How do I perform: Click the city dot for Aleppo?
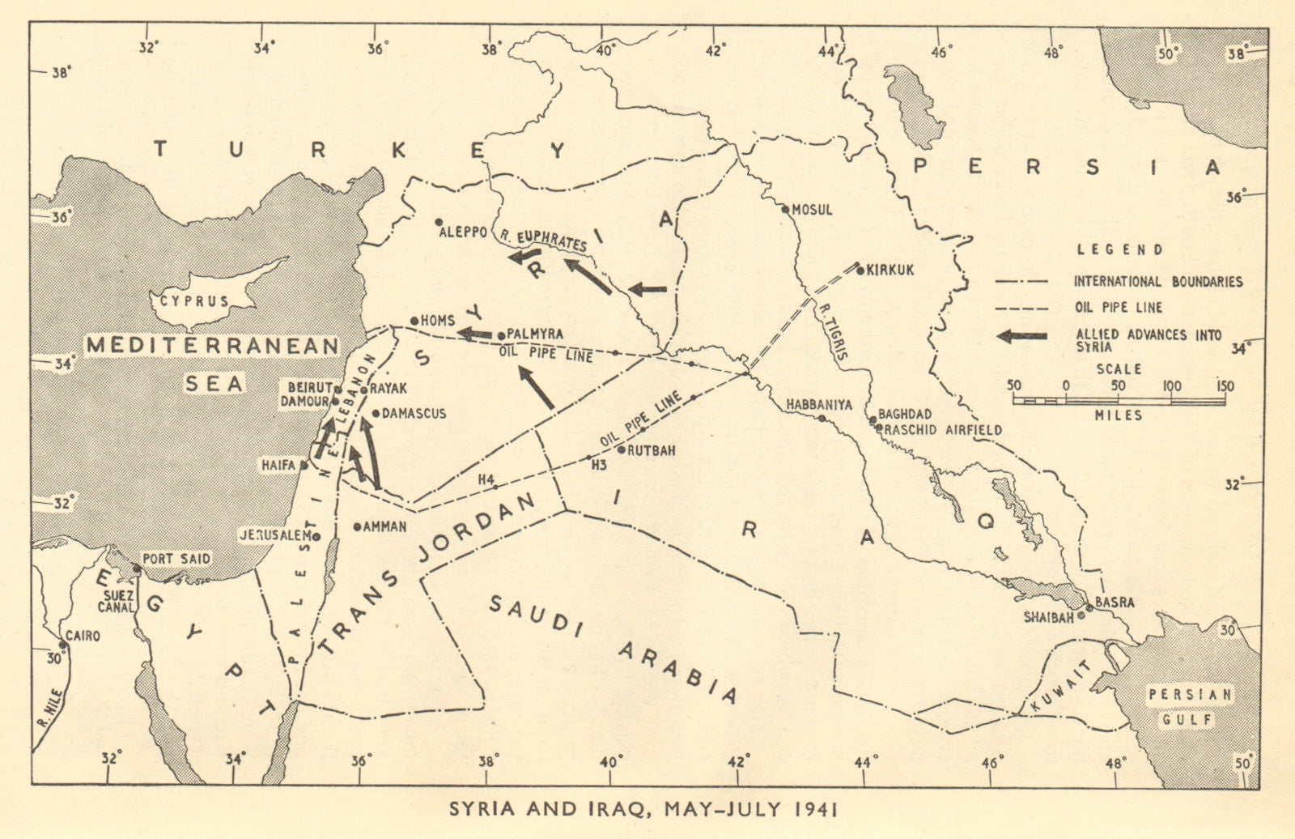point(439,222)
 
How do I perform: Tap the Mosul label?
point(812,210)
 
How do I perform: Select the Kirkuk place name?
point(890,270)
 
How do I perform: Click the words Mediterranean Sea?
point(213,364)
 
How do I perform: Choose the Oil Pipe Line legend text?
point(1118,308)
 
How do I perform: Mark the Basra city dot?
point(1089,608)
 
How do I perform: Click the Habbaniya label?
point(819,404)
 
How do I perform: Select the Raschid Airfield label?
point(943,430)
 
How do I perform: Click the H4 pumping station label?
point(486,479)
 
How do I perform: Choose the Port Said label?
point(176,559)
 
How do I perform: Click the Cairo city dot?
point(62,645)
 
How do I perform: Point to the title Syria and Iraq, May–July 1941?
point(643,809)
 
